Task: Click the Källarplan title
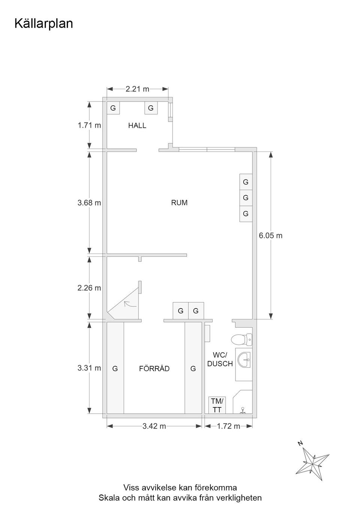pos(43,24)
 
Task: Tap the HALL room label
pos(137,126)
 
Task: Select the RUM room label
pos(179,202)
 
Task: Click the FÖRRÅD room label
pos(154,368)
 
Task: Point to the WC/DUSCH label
pos(220,359)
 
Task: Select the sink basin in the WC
pos(244,360)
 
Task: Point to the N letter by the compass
pos(300,443)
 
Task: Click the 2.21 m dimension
pos(138,89)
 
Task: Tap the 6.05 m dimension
pos(270,236)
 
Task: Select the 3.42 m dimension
pos(154,426)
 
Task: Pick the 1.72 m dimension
pos(228,426)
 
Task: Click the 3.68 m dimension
pos(89,202)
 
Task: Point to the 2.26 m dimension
pos(89,288)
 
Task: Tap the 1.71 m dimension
pos(89,125)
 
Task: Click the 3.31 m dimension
pos(89,368)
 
